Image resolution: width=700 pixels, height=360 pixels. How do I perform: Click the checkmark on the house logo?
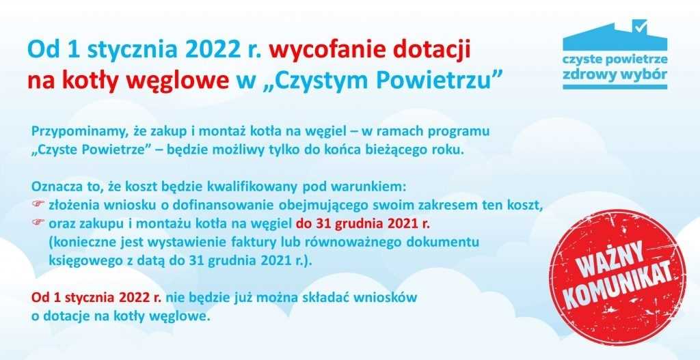pos(641,27)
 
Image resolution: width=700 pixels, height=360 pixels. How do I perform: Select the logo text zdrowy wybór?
pos(615,74)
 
